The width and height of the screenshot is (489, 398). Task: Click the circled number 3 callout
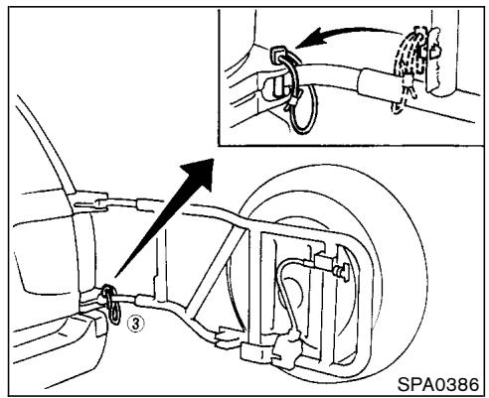pyautogui.click(x=136, y=324)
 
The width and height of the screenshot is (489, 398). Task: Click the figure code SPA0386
pyautogui.click(x=438, y=385)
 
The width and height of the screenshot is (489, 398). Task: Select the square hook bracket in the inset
pyautogui.click(x=278, y=55)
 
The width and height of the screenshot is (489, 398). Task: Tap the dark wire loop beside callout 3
pyautogui.click(x=111, y=305)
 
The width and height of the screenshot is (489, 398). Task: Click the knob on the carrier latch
pyautogui.click(x=342, y=272)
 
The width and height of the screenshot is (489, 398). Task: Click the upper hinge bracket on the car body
pyautogui.click(x=89, y=201)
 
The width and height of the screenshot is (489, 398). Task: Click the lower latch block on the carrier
pyautogui.click(x=285, y=349)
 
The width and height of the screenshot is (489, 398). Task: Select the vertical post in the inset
pyautogui.click(x=444, y=53)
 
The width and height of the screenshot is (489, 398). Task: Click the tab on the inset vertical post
pyautogui.click(x=435, y=52)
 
